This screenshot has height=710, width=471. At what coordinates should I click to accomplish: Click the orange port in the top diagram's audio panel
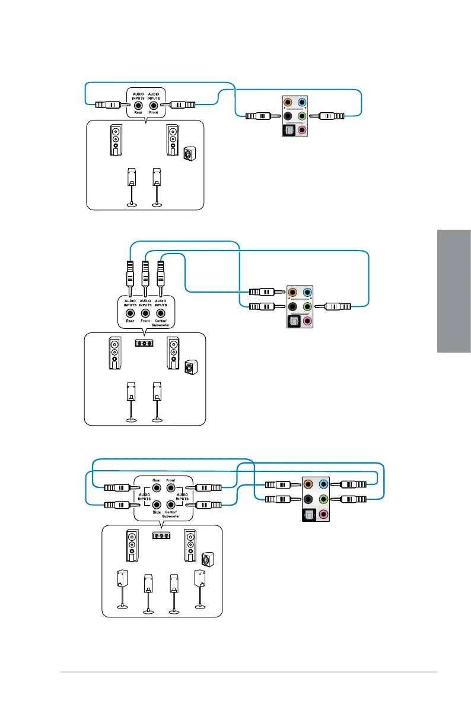pyautogui.click(x=288, y=102)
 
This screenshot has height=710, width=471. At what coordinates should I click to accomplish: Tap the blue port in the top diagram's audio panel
pyautogui.click(x=302, y=102)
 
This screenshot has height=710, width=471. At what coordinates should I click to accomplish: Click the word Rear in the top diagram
pyautogui.click(x=138, y=112)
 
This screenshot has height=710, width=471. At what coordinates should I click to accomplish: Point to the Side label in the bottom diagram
pyautogui.click(x=157, y=511)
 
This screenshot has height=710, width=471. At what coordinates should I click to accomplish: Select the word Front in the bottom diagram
pyautogui.click(x=171, y=480)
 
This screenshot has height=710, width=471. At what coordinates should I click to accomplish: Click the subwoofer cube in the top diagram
pyautogui.click(x=188, y=154)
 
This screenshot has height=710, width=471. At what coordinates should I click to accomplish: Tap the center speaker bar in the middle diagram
pyautogui.click(x=145, y=343)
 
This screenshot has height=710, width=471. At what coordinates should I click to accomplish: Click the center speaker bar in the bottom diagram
pyautogui.click(x=161, y=535)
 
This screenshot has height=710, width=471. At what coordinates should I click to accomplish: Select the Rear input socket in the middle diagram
pyautogui.click(x=130, y=312)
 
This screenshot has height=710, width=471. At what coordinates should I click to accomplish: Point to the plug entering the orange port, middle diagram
pyautogui.click(x=262, y=292)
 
